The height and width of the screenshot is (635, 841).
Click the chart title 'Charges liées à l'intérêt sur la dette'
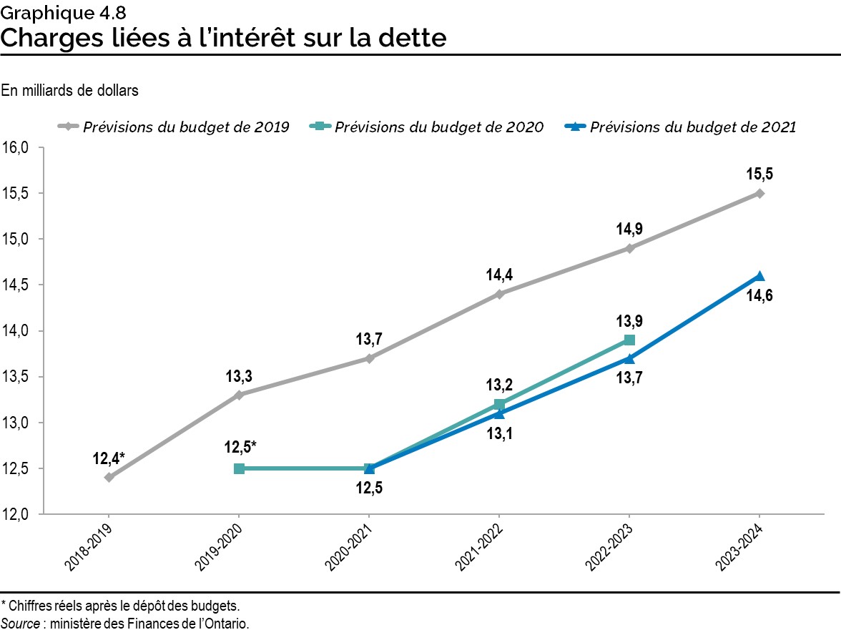[x=223, y=37]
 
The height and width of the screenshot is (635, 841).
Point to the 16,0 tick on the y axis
[x=16, y=148]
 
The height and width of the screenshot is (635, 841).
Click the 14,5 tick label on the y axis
[x=16, y=285]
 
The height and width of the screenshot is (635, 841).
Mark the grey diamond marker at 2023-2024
[x=759, y=193]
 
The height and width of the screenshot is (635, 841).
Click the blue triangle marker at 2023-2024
[x=759, y=276]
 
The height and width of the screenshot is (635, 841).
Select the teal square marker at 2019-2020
[x=240, y=468]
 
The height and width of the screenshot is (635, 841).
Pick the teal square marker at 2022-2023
[x=629, y=340]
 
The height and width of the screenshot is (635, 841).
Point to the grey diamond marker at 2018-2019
[x=109, y=478]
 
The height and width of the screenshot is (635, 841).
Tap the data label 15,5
[x=759, y=173]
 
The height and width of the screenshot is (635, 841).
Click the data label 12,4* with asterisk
[x=109, y=457]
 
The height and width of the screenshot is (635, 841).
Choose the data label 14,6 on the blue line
[x=759, y=296]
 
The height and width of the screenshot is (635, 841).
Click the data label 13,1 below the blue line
[x=499, y=433]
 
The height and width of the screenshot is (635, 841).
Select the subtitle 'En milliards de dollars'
[x=69, y=91]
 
